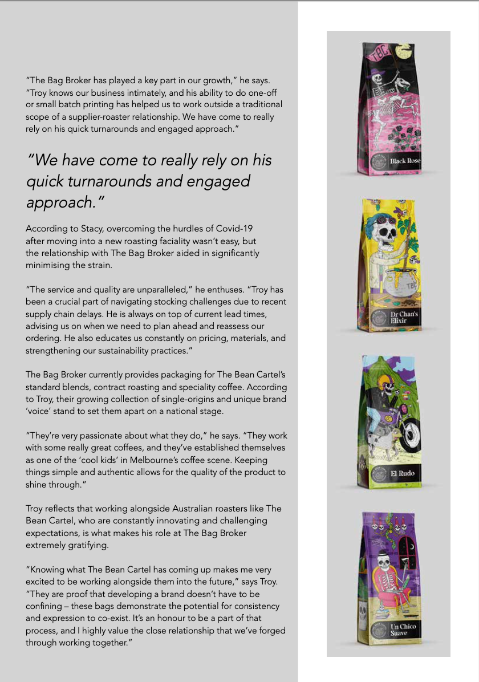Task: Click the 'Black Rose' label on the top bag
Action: point(405,161)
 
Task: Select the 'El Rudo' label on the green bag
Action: point(403,473)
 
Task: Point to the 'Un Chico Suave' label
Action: point(403,630)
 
